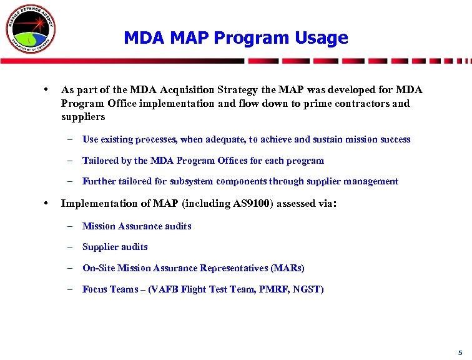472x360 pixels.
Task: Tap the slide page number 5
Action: click(x=459, y=352)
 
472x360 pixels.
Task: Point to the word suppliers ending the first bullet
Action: click(x=83, y=117)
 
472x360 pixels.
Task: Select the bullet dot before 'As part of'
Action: click(x=47, y=89)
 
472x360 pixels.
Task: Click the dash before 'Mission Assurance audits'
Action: click(x=72, y=226)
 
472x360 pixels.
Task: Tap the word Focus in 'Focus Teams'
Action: click(x=95, y=289)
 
